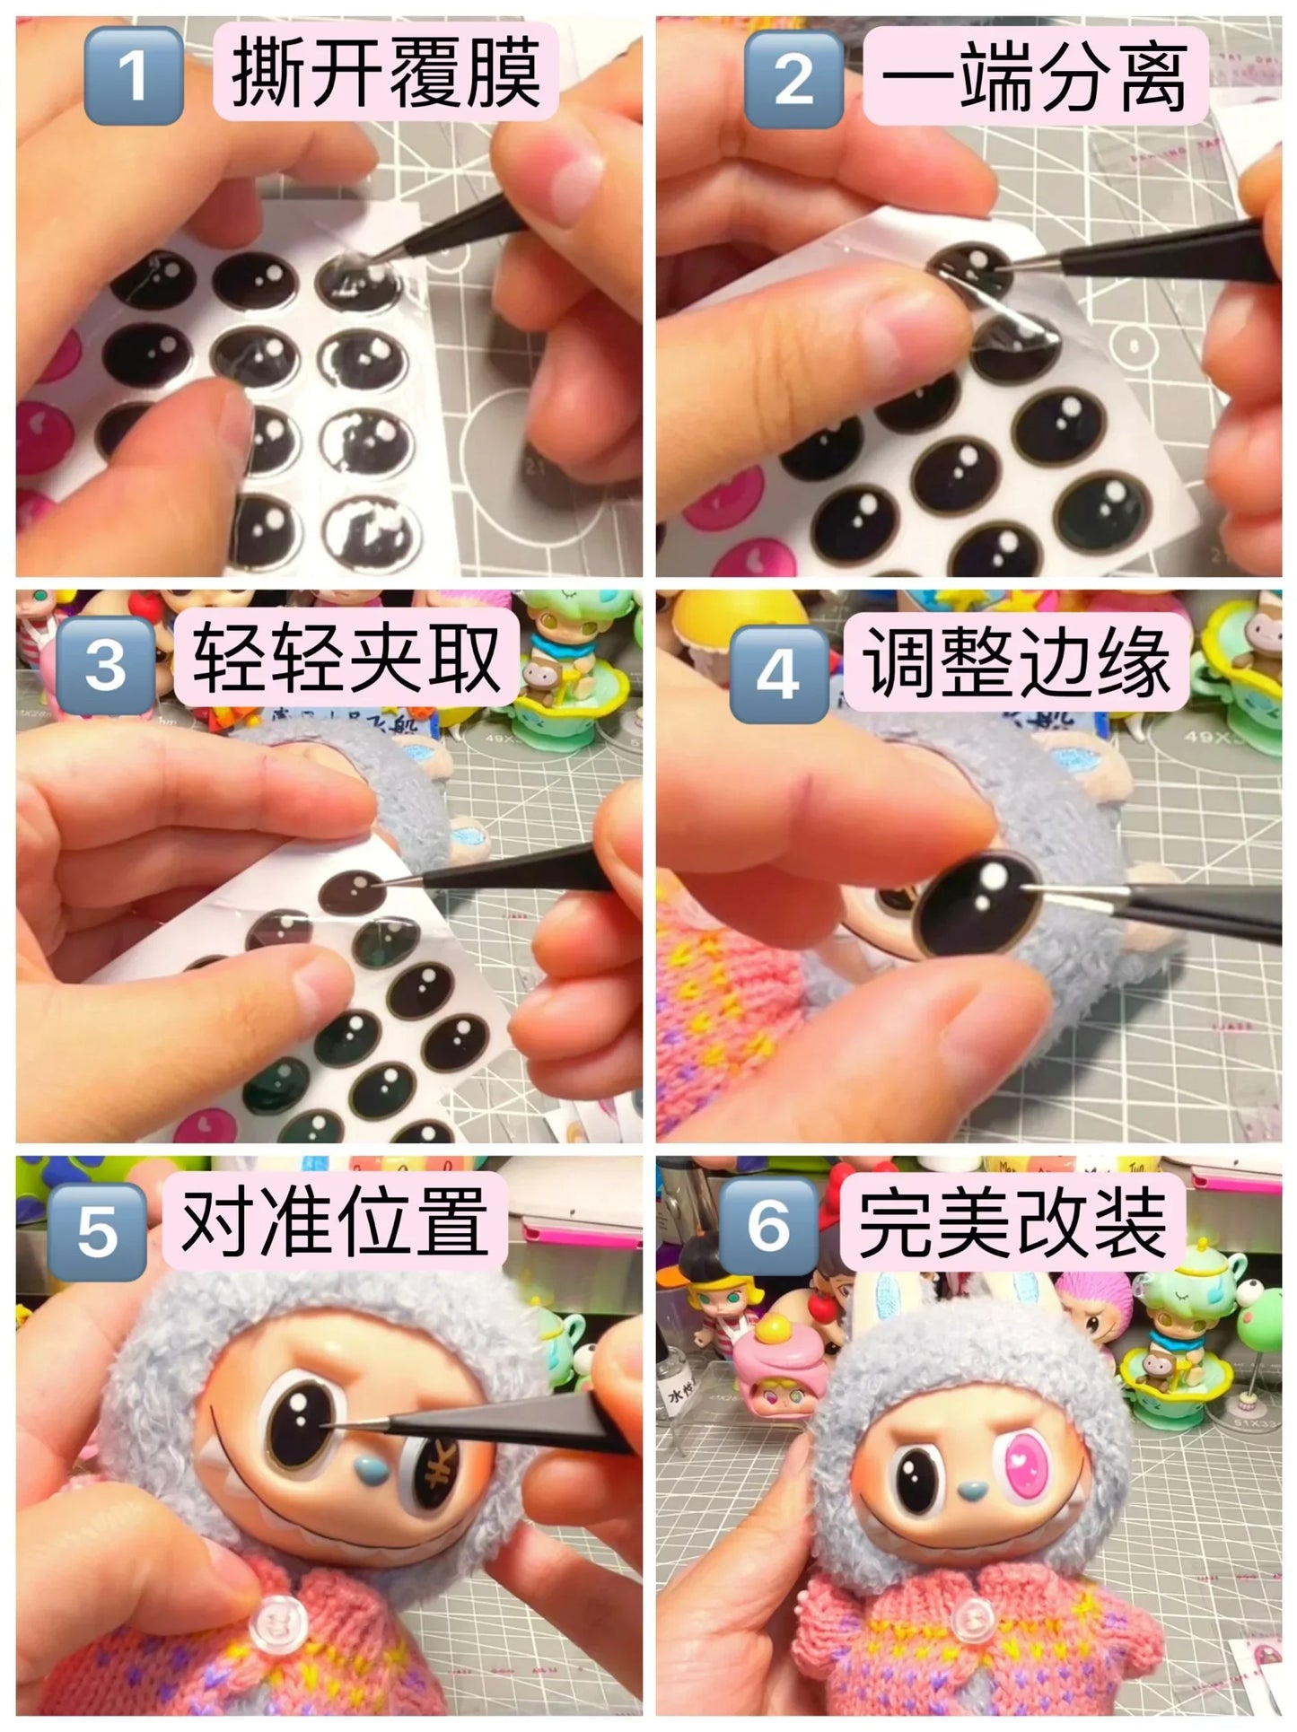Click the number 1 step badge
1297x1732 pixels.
click(133, 75)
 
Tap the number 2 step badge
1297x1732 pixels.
click(793, 79)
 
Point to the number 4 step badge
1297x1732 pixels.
click(777, 675)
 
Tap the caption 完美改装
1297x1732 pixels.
click(1012, 1220)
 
